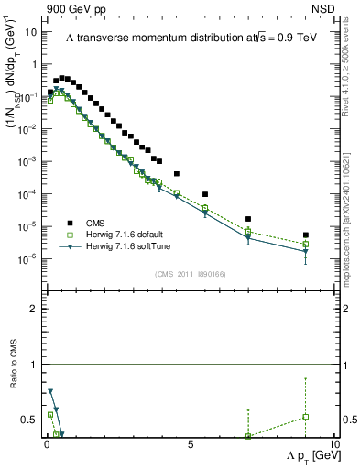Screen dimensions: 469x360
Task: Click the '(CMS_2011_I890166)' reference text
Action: point(191,274)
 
